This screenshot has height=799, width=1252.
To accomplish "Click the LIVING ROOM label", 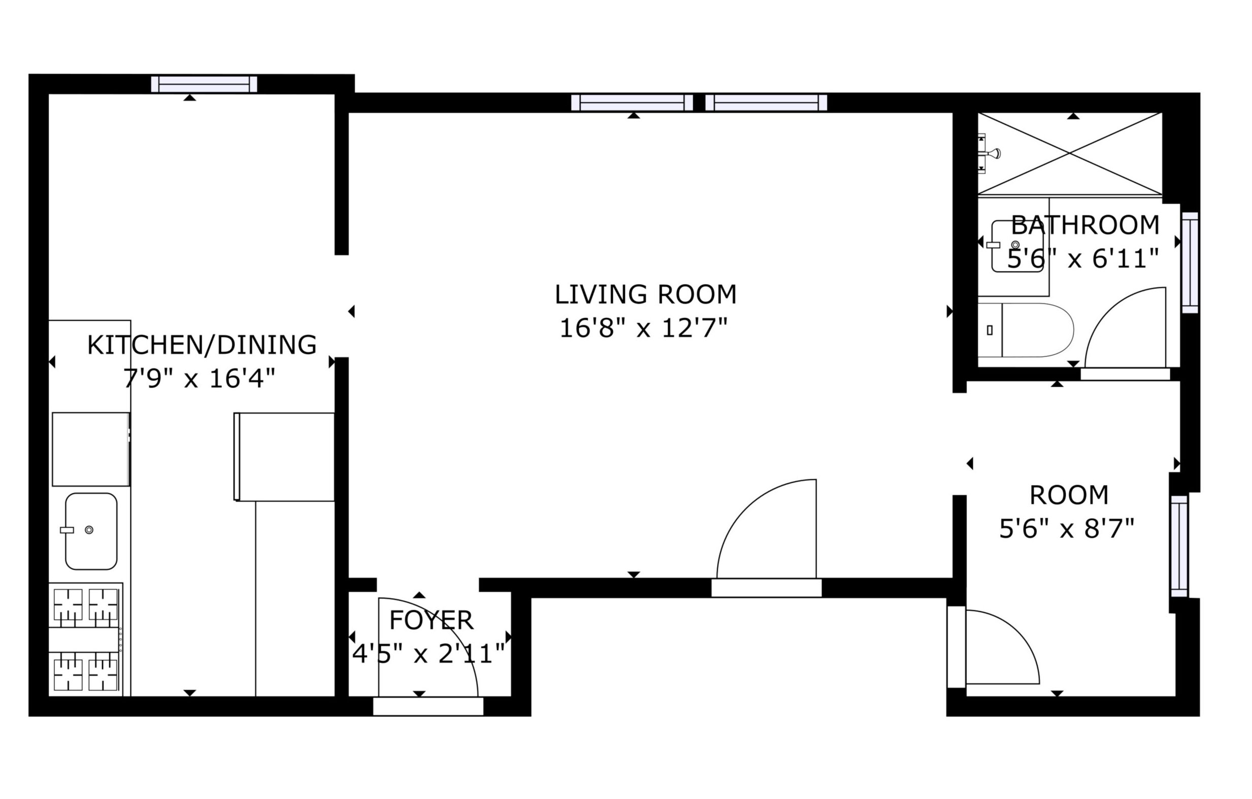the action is [645, 295].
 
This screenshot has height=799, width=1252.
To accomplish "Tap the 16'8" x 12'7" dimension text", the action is [643, 328].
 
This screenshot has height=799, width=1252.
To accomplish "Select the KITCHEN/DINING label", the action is [202, 345].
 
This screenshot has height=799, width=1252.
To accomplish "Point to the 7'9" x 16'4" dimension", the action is [199, 379].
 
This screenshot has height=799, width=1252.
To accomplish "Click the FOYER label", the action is [431, 620].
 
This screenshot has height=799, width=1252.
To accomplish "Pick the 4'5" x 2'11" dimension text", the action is [429, 654].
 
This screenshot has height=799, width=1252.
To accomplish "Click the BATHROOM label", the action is [1085, 225].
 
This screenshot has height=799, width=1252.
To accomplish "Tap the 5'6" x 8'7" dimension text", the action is [1066, 529].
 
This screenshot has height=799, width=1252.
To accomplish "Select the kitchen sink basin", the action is [91, 531].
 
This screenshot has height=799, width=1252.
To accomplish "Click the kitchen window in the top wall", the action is [204, 84].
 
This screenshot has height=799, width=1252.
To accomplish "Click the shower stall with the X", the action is [1070, 154].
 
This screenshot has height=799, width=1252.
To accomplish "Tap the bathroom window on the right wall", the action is [1190, 262].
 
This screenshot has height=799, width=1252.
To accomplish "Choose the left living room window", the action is [632, 103].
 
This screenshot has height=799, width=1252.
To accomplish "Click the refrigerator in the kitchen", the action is [284, 457].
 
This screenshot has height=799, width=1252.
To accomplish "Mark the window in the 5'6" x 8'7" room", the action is [1179, 546].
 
